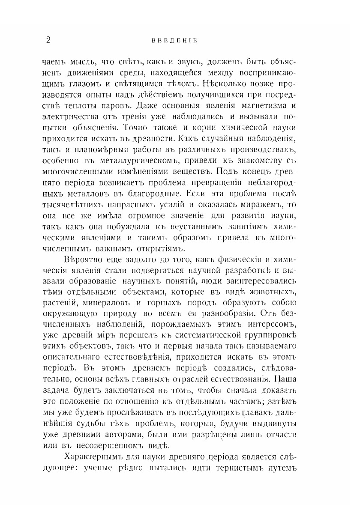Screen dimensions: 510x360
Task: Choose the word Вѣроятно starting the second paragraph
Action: [83, 261]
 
